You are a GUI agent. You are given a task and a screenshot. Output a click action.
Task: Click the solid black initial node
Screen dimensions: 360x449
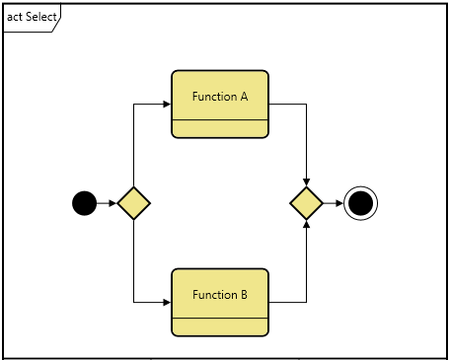[85, 204]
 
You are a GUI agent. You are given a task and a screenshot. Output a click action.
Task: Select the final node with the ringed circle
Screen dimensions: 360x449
[361, 204]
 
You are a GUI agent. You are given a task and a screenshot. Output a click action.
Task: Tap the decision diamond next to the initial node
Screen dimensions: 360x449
[133, 204]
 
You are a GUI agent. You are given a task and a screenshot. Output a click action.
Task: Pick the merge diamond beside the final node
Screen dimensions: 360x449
[307, 204]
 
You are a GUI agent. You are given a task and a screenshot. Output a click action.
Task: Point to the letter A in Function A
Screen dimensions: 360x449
[244, 97]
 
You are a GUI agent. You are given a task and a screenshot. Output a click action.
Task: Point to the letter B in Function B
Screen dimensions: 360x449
[244, 295]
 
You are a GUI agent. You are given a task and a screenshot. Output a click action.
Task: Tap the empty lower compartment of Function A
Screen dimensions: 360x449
[220, 129]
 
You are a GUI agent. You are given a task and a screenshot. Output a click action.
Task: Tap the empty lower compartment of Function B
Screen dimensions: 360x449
[220, 327]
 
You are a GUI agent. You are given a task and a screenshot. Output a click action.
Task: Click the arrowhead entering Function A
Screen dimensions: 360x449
[167, 104]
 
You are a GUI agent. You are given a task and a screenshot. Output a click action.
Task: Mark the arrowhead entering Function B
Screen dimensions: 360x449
[167, 302]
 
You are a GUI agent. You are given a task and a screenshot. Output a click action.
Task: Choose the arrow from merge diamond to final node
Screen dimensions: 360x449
[334, 204]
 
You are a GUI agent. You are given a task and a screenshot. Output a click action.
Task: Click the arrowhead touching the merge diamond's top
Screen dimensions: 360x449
[307, 181]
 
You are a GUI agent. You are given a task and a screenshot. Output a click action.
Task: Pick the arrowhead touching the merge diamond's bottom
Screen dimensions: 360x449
[307, 227]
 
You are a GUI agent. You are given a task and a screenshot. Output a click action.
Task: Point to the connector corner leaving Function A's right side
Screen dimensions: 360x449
[307, 104]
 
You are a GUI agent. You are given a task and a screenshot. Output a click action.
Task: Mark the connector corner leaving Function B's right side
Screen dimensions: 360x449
[307, 302]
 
